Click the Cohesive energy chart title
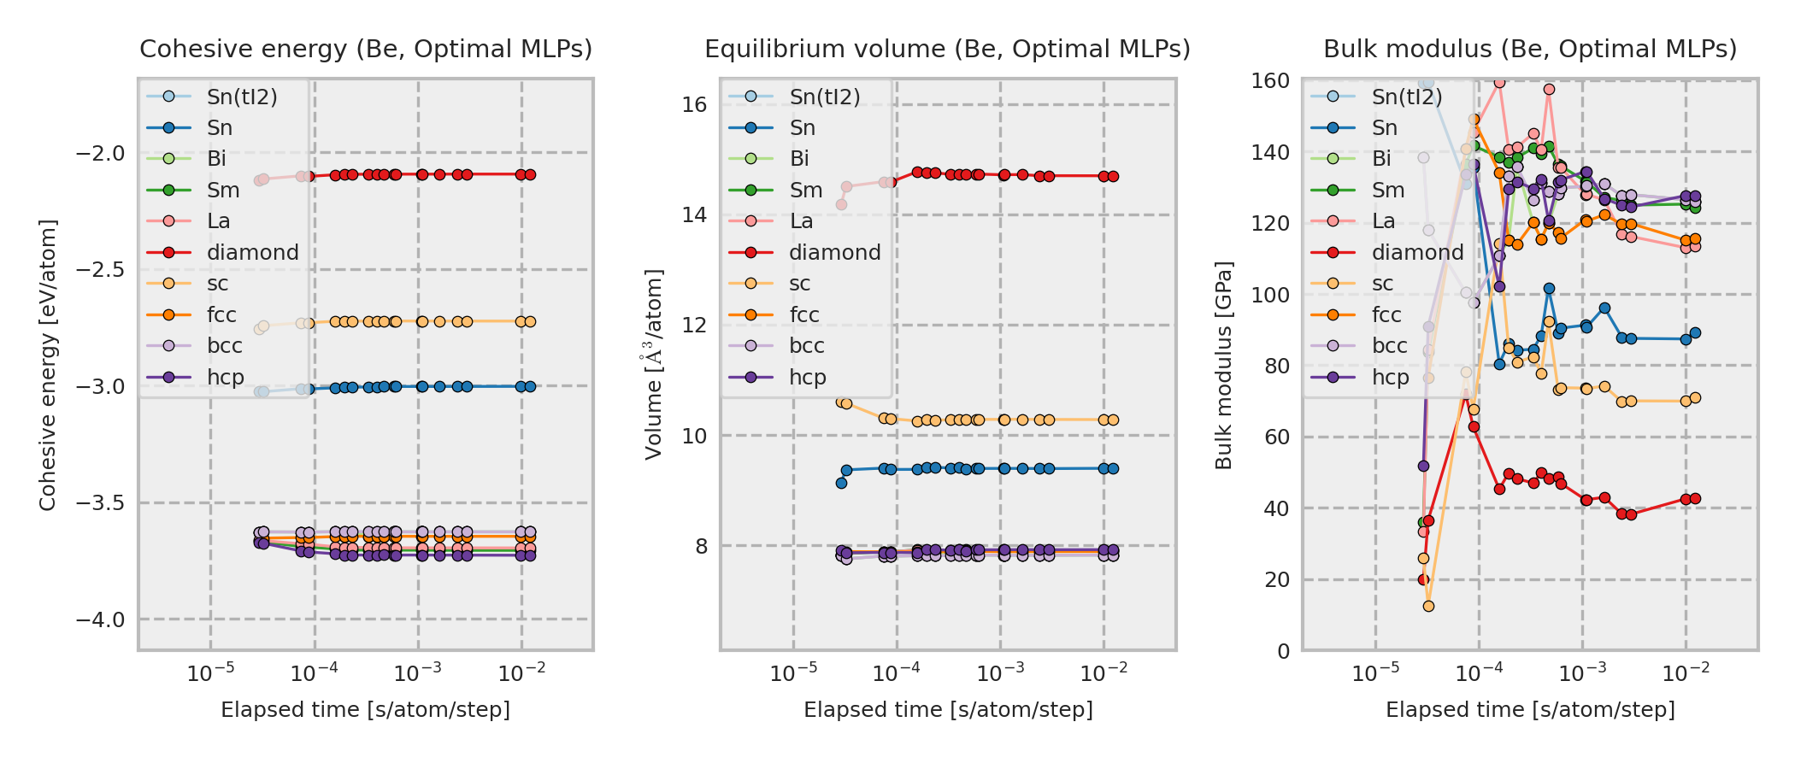[x=366, y=50]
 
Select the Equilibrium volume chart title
[x=947, y=50]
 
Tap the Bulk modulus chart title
[x=1530, y=50]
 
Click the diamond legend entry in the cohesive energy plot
[x=252, y=253]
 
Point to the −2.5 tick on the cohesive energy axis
[x=100, y=270]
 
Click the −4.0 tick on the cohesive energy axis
[x=100, y=619]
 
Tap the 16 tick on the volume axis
[x=695, y=105]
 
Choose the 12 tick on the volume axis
[x=695, y=326]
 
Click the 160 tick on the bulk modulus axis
[x=1270, y=81]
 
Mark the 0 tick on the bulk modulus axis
[x=1283, y=651]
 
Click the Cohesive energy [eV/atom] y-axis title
[x=48, y=365]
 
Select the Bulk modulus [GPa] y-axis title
[x=1224, y=365]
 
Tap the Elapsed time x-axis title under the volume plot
[x=948, y=710]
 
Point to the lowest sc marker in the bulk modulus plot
[x=1428, y=607]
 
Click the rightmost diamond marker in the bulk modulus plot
[x=1695, y=499]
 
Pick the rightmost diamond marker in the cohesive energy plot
[x=530, y=174]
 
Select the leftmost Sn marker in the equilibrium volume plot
[x=841, y=483]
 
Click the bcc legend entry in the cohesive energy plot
[x=224, y=346]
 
